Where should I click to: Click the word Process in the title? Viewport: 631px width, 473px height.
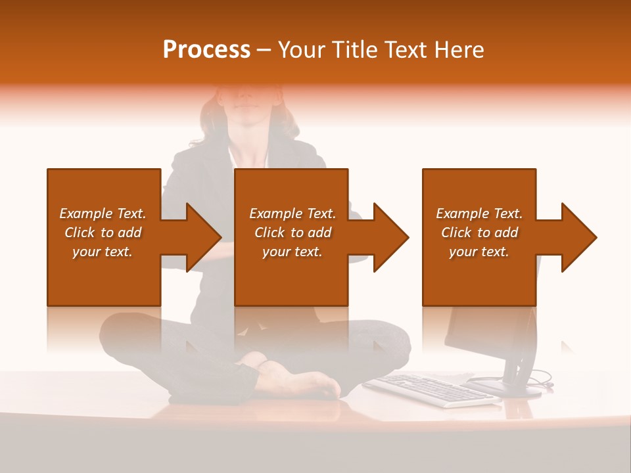(x=206, y=50)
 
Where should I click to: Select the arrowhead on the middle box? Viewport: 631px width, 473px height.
(x=390, y=237)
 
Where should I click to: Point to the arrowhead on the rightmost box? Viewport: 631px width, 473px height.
(x=578, y=237)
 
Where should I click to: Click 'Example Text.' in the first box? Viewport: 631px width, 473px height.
(x=103, y=214)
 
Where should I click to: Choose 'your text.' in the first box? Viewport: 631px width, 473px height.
(x=103, y=252)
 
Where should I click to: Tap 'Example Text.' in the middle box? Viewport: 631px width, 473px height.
(x=292, y=214)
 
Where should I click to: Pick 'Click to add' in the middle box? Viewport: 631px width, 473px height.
(x=292, y=233)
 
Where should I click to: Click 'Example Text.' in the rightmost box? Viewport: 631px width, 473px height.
(x=479, y=214)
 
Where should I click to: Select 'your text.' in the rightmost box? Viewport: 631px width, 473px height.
(x=479, y=252)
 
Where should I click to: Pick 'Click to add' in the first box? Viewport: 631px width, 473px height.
(x=103, y=233)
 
